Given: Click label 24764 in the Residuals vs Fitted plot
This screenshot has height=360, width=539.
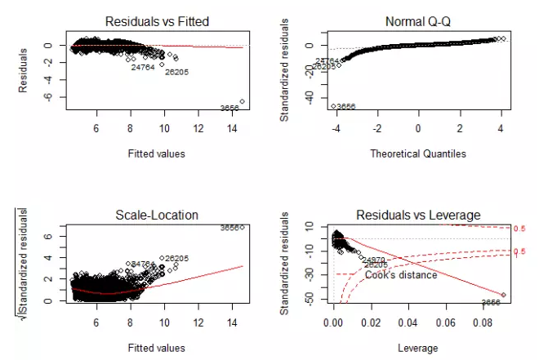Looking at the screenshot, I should tap(143, 68).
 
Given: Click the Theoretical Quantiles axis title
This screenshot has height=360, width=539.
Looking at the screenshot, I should tap(417, 153).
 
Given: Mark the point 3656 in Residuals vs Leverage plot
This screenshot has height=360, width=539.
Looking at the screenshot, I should tap(502, 295).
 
